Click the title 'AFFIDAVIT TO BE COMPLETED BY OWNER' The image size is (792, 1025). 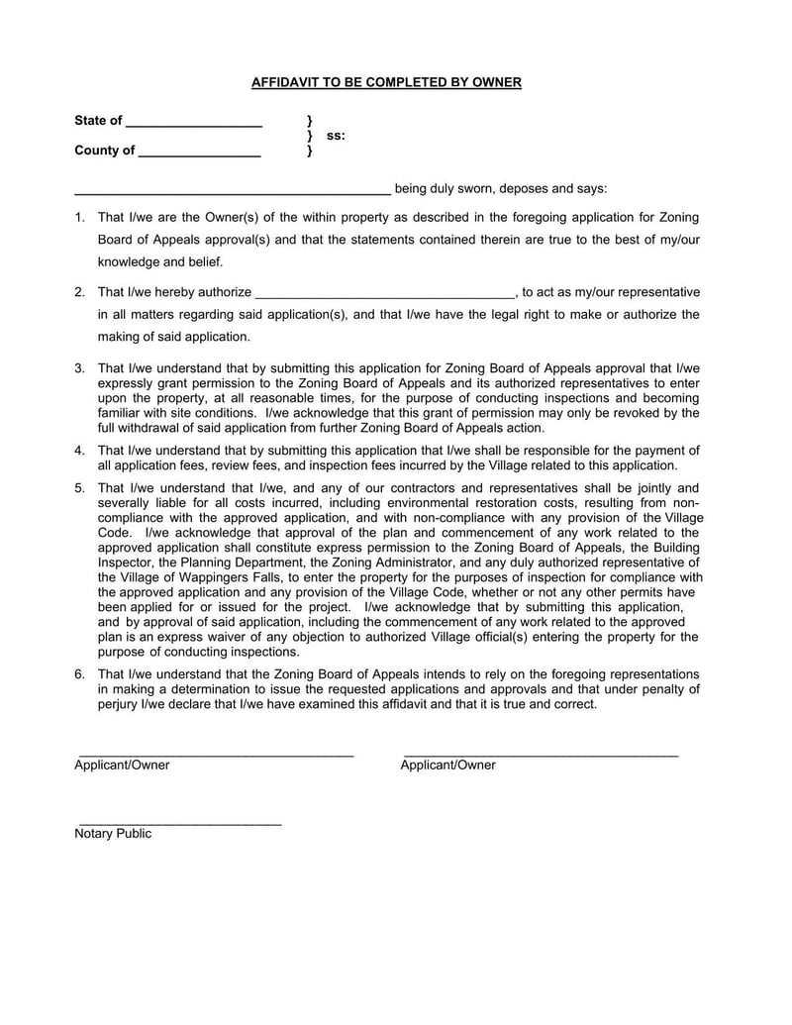click(386, 82)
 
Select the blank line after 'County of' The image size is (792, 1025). click(199, 155)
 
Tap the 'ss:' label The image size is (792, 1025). click(336, 136)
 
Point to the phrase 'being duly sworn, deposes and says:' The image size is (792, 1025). click(501, 188)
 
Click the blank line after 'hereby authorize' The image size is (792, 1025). click(385, 296)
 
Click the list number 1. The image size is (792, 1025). click(80, 217)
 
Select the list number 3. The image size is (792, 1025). click(80, 368)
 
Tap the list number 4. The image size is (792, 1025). click(80, 450)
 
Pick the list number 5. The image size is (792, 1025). click(80, 487)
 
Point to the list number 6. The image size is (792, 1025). click(80, 673)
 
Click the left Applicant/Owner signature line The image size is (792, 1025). click(216, 756)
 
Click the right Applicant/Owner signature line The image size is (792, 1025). click(541, 756)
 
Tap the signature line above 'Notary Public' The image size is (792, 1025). click(179, 824)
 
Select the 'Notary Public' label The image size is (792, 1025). click(113, 834)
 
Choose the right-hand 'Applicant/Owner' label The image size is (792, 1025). click(447, 766)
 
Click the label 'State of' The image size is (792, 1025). click(98, 121)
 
